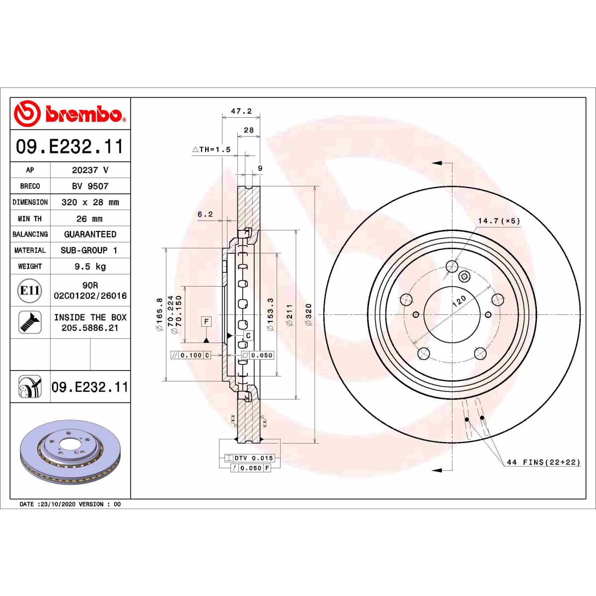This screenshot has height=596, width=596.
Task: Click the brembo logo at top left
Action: [x=70, y=114]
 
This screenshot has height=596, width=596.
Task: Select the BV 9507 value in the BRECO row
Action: [x=90, y=186]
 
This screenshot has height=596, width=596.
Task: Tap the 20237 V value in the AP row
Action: [x=90, y=170]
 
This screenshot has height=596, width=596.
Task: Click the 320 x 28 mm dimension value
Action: [x=90, y=202]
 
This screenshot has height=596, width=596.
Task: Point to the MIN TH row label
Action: [x=30, y=219]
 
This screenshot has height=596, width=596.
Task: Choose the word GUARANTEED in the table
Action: [x=90, y=234]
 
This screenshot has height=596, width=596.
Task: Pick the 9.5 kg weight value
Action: [x=90, y=266]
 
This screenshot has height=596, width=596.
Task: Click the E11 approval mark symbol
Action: [x=30, y=290]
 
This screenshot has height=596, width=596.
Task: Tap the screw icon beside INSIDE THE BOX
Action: [x=30, y=322]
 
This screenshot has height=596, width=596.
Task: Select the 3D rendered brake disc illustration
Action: [x=70, y=451]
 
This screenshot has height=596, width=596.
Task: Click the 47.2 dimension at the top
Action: [x=241, y=111]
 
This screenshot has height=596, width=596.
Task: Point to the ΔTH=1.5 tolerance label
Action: [x=212, y=149]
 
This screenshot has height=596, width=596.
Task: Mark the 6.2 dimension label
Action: [x=205, y=214]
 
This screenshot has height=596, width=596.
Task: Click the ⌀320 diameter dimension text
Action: [x=308, y=314]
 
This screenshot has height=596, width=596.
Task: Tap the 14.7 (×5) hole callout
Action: [x=499, y=221]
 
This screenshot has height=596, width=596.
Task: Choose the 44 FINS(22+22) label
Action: [x=543, y=462]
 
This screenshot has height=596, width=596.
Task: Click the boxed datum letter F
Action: [x=206, y=321]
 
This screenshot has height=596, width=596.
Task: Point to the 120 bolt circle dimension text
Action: [x=459, y=300]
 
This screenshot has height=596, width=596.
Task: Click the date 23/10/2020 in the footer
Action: [x=57, y=504]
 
